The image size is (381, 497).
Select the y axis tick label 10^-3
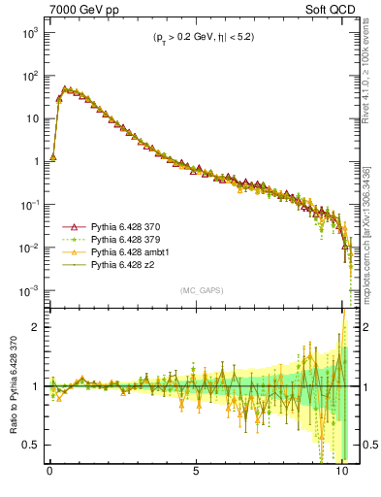coord(29,291)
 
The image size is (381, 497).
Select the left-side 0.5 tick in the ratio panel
coord(32,445)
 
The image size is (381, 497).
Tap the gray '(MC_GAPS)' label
coord(199,290)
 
